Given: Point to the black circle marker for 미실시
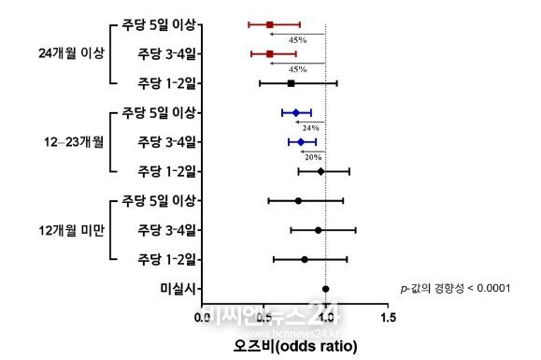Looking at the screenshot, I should pyautogui.click(x=325, y=289).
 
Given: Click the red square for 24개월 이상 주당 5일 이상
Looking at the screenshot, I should pyautogui.click(x=270, y=24).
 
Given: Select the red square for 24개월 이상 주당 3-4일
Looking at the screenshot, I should pyautogui.click(x=270, y=54).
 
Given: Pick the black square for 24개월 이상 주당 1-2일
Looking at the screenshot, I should pyautogui.click(x=291, y=83).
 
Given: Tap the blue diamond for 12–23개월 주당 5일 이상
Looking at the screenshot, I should pyautogui.click(x=296, y=112).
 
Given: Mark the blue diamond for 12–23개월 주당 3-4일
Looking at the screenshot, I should pyautogui.click(x=301, y=142).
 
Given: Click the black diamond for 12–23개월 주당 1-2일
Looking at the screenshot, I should pyautogui.click(x=320, y=171).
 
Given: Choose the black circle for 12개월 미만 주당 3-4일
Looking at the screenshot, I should pyautogui.click(x=318, y=230).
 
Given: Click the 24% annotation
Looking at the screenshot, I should pyautogui.click(x=310, y=127).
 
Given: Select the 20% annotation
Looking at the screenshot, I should pyautogui.click(x=313, y=157).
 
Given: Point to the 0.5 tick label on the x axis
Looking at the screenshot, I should pyautogui.click(x=263, y=318).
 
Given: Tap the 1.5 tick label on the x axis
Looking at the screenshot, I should pyautogui.click(x=387, y=318).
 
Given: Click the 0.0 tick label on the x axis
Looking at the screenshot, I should pyautogui.click(x=202, y=318).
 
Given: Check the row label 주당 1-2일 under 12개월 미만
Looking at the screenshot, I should pyautogui.click(x=166, y=258).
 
